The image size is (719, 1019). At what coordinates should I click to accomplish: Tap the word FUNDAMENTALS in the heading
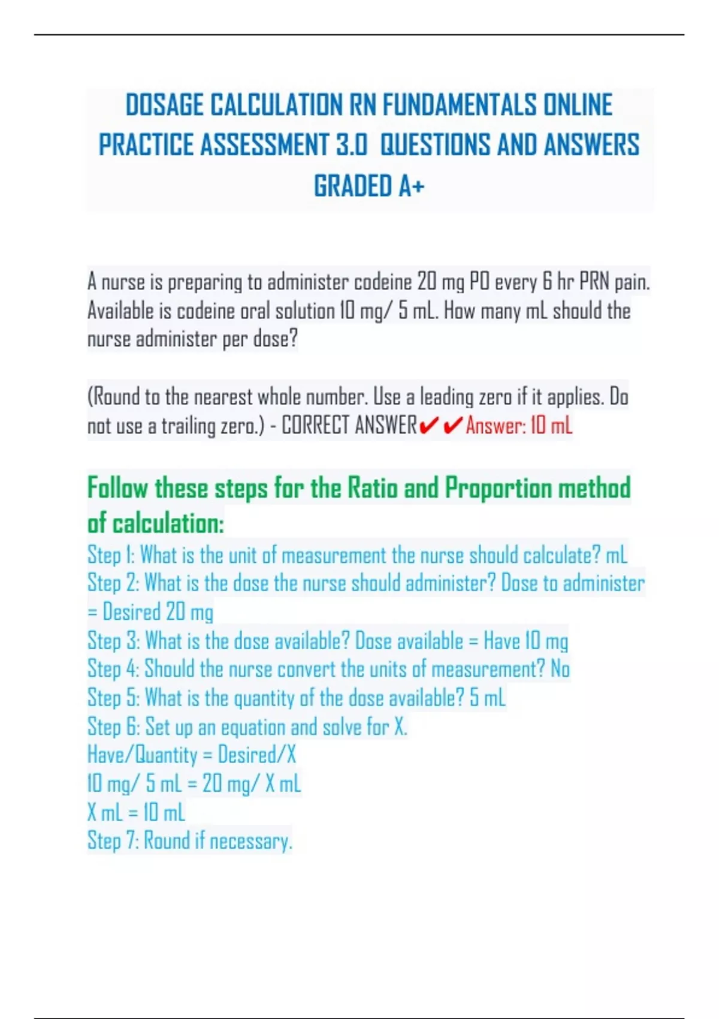coord(460,105)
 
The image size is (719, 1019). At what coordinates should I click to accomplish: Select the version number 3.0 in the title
coord(352,146)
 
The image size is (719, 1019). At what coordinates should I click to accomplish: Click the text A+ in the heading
coord(412,186)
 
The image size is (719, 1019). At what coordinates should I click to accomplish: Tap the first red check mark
coord(429,426)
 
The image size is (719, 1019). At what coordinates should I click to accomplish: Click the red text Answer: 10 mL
coord(519,426)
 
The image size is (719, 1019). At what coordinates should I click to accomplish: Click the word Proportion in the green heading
coord(499,488)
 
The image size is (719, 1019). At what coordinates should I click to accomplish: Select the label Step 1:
coord(111,555)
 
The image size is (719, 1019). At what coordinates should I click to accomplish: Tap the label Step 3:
coord(113,641)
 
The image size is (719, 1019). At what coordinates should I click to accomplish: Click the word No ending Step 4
coord(560,669)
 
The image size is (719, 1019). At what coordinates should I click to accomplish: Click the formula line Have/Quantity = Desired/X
coord(192,755)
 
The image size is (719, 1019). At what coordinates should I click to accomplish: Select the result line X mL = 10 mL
coord(136,812)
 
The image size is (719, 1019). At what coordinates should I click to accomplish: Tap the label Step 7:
coord(113,840)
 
